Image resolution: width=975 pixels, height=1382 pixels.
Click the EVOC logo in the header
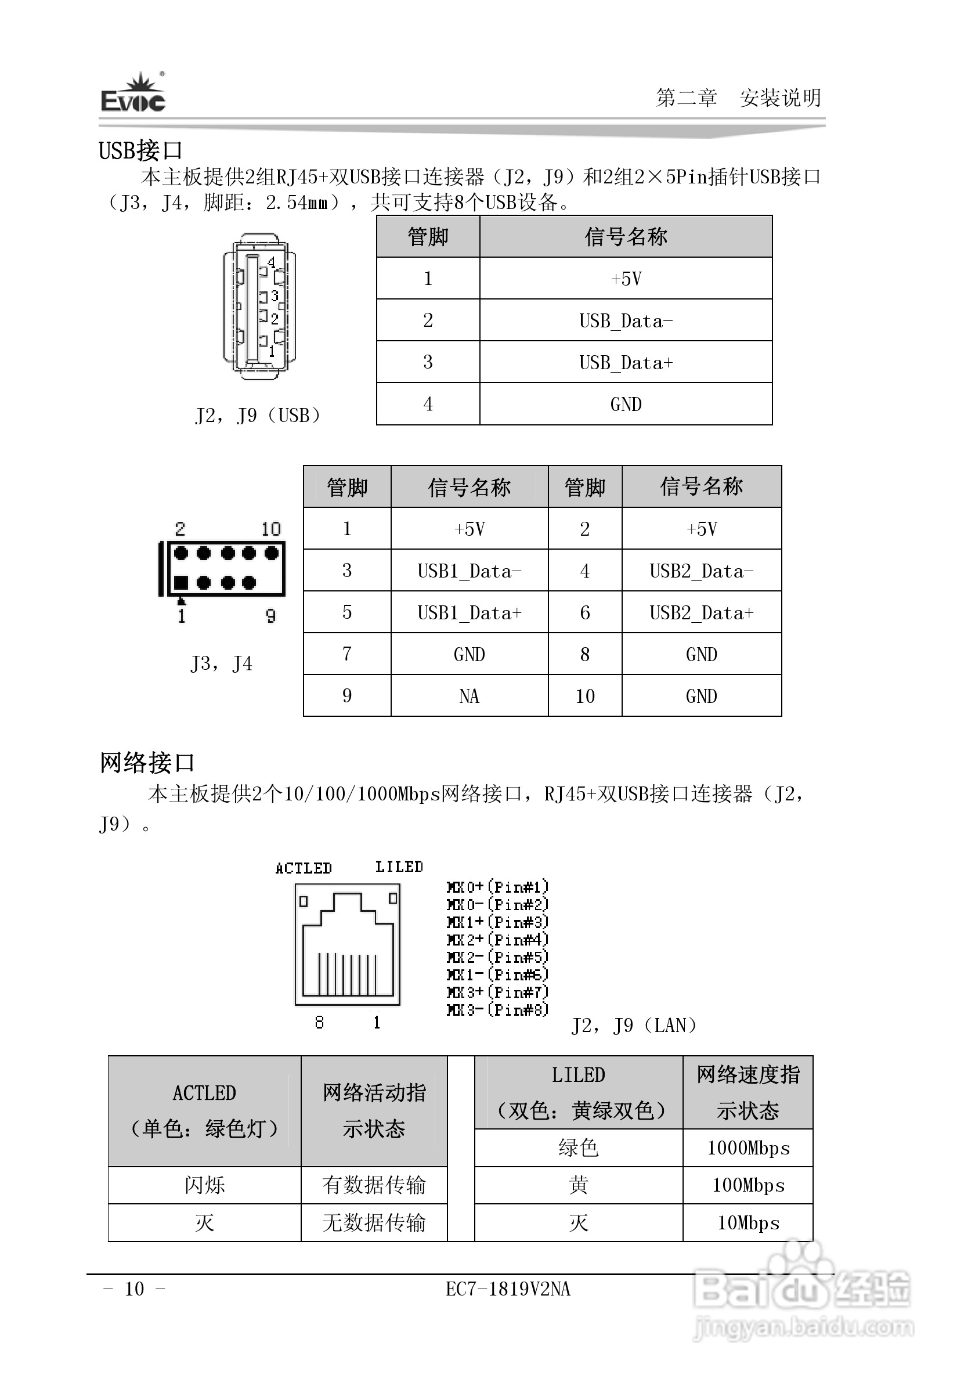pos(133,95)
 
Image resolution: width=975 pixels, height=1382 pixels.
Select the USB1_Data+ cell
pos(470,613)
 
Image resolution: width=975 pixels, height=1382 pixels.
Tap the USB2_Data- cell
pos(701,571)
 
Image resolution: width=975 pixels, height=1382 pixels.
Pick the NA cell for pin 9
pos(470,697)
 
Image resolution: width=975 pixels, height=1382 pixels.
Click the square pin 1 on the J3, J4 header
pos(181,582)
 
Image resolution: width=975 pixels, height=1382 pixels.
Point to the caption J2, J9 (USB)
pos(258,416)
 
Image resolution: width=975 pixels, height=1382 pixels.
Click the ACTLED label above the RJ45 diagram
pos(304,868)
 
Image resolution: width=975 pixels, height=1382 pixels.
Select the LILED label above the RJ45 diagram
pos(399,867)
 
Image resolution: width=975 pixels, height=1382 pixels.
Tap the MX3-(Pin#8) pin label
pos(498,1009)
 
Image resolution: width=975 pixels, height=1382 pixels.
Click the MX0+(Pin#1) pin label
pos(498,887)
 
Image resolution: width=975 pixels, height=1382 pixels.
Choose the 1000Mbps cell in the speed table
pos(748,1148)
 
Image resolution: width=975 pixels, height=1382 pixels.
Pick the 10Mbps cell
pos(748,1222)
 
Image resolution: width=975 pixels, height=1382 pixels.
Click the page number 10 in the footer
pos(134,1289)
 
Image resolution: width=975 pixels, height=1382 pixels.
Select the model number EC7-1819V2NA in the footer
pos(508,1289)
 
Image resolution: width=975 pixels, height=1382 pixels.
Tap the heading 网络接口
pos(147,763)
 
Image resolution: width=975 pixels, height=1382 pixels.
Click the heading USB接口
pos(140,150)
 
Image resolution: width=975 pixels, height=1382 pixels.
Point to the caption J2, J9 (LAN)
pos(634,1025)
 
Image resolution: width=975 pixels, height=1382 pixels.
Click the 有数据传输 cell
pos(374,1185)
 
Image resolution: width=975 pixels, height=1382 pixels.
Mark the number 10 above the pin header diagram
pos(271,529)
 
